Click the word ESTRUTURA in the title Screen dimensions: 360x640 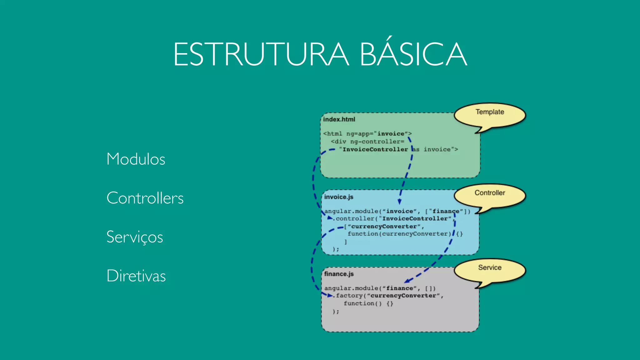tap(261, 55)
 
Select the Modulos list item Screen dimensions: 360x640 tap(136, 159)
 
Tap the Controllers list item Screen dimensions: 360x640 tap(145, 198)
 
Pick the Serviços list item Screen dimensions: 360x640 tap(135, 237)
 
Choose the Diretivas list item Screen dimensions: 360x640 tap(136, 276)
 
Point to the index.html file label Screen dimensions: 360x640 tap(339, 119)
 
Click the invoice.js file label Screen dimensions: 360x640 tap(338, 197)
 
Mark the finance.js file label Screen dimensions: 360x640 tap(339, 274)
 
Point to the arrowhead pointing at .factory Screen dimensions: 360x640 tap(330, 295)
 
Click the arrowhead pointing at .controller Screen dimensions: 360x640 tap(330, 218)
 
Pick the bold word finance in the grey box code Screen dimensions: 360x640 tap(399, 288)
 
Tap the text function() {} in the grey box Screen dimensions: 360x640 tap(368, 303)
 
